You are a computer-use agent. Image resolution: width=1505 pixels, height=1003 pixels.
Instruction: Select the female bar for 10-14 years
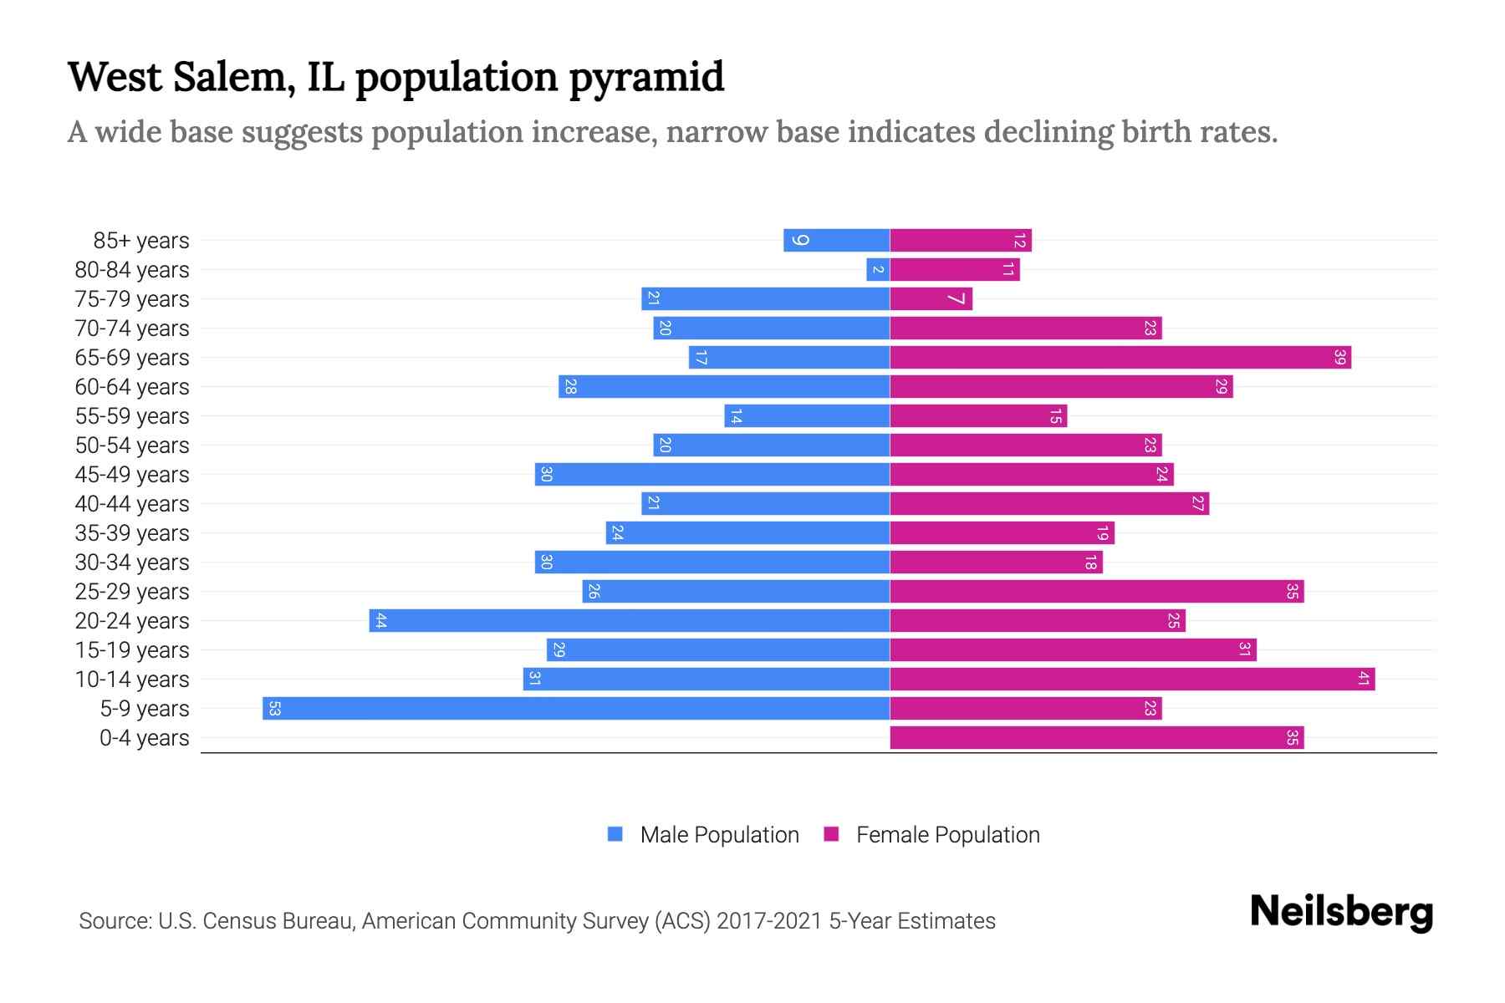[x=1132, y=680]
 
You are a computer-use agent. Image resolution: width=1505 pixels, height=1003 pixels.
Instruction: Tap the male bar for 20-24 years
[x=629, y=621]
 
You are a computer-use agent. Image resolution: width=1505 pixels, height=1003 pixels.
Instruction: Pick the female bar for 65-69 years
[x=1120, y=358]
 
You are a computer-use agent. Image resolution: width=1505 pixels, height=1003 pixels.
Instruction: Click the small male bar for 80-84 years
[x=878, y=270]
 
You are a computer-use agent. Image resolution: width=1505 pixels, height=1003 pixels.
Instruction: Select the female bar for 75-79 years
[x=931, y=299]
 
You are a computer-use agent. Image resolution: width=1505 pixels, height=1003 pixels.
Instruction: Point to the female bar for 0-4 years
[x=1096, y=738]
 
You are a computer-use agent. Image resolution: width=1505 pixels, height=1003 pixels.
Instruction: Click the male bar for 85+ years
[x=836, y=241]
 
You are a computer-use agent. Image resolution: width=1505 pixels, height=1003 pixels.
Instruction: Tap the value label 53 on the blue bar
[x=274, y=709]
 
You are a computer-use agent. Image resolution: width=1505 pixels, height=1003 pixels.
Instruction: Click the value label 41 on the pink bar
[x=1363, y=680]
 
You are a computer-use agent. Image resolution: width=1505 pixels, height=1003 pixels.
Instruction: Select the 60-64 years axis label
[x=132, y=387]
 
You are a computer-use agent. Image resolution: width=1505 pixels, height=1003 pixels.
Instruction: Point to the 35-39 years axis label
[x=132, y=533]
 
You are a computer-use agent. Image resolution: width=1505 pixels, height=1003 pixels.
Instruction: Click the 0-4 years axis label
[x=144, y=738]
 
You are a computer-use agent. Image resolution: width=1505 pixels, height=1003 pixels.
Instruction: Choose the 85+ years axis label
[x=140, y=241]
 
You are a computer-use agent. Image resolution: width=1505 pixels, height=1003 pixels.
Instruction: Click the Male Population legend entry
[x=719, y=835]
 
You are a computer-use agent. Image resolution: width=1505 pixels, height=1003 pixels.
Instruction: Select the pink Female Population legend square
[x=831, y=834]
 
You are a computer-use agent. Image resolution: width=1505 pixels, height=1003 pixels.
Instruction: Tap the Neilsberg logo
[x=1341, y=912]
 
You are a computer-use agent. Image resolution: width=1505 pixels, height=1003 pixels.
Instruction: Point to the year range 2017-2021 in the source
[x=768, y=921]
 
